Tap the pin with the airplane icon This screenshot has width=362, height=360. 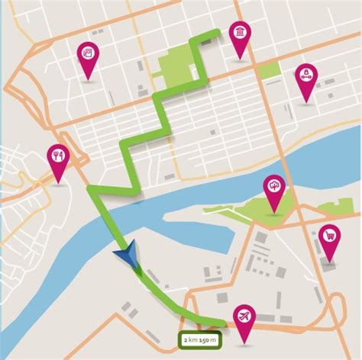click(244, 315)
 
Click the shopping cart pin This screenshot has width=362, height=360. click(330, 236)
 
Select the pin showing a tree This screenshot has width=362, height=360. click(273, 187)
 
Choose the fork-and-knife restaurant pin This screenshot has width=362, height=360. click(58, 156)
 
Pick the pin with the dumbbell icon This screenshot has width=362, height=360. click(305, 75)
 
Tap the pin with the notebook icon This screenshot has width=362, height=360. click(89, 53)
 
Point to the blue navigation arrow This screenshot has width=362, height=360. click(126, 255)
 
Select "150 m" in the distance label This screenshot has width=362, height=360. click(208, 338)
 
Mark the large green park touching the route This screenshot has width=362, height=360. click(177, 66)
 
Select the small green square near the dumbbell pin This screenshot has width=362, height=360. click(269, 71)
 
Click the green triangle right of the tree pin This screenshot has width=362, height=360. click(336, 207)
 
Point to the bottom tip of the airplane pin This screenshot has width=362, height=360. click(244, 341)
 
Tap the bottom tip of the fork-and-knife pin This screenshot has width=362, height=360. click(58, 183)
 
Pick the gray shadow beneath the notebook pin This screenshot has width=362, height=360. click(89, 82)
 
